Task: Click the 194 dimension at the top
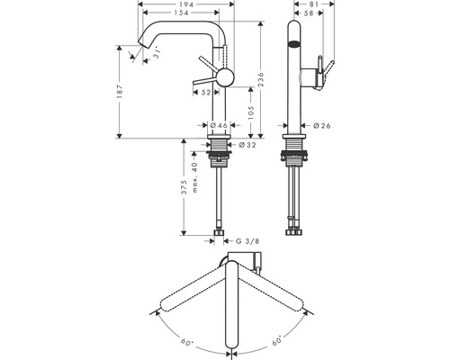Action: tap(187, 5)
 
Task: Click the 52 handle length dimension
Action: tap(205, 93)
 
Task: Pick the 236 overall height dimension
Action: tap(260, 79)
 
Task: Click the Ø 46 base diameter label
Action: tap(218, 126)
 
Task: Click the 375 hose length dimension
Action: tap(183, 187)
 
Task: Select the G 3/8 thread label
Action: tap(248, 241)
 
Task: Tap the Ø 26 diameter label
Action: tap(324, 126)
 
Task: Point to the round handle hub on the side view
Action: tap(223, 77)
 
